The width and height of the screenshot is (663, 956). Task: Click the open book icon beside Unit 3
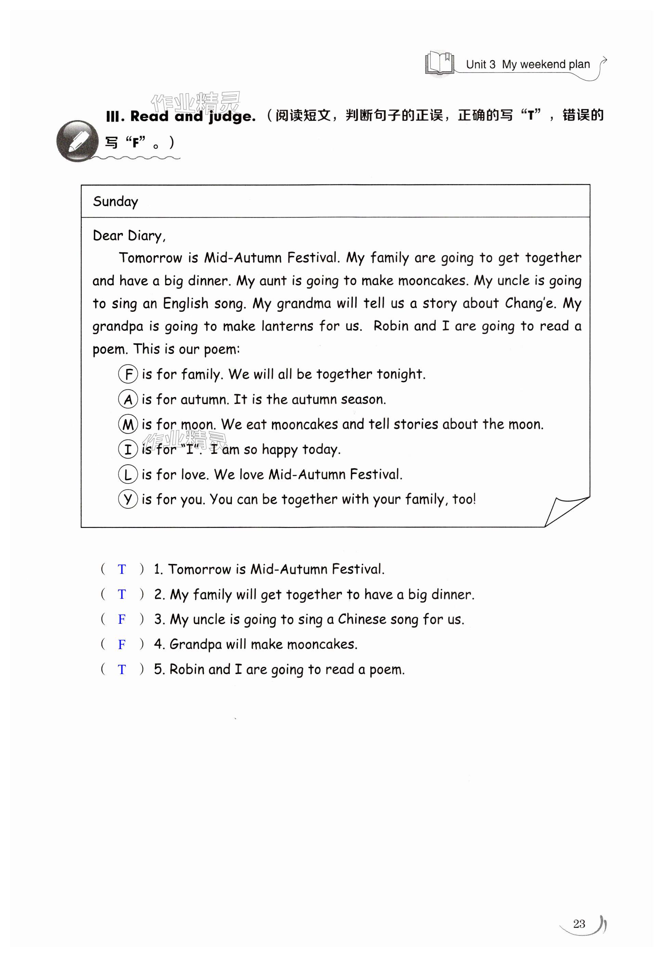[x=440, y=63]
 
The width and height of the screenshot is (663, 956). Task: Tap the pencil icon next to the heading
[x=78, y=141]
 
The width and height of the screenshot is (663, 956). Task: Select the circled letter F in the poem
[x=128, y=374]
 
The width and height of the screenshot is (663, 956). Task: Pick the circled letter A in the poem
[x=128, y=399]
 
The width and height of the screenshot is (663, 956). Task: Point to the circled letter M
[x=128, y=424]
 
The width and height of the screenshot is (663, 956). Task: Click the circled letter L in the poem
[x=128, y=475]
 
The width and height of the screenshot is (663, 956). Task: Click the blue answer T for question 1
[x=122, y=569]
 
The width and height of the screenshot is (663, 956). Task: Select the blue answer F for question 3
[x=122, y=619]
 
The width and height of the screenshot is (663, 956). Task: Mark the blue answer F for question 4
[x=122, y=644]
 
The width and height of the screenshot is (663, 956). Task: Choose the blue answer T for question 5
[x=122, y=669]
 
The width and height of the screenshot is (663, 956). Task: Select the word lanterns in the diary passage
[x=287, y=326]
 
